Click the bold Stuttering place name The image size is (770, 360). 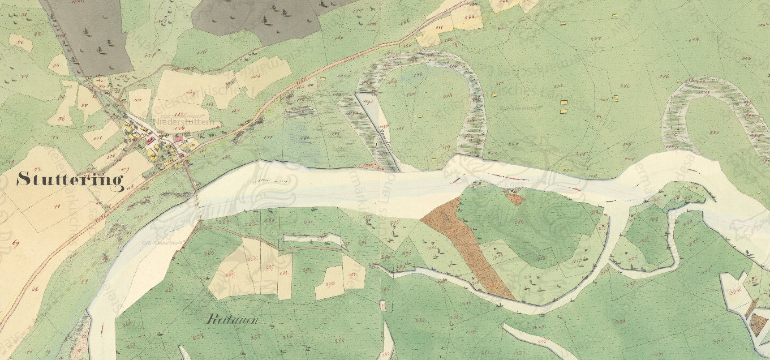pos(70,180)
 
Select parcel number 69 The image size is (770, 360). pos(15,243)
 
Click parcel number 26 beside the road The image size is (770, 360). pos(35,289)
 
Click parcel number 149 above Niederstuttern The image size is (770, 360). pos(191,93)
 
